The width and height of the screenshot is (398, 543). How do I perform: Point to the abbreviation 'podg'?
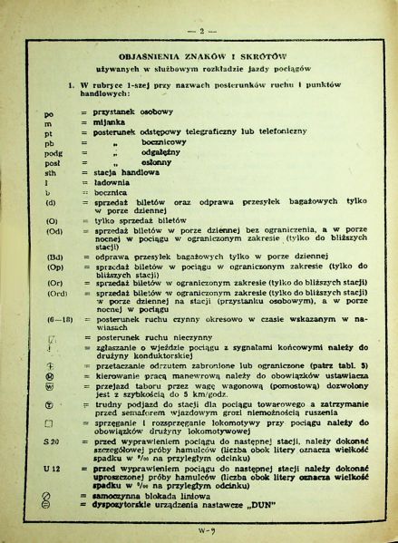click(x=51, y=153)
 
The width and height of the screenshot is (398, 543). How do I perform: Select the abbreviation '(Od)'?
click(x=52, y=231)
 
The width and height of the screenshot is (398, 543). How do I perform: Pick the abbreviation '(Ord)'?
click(x=53, y=292)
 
